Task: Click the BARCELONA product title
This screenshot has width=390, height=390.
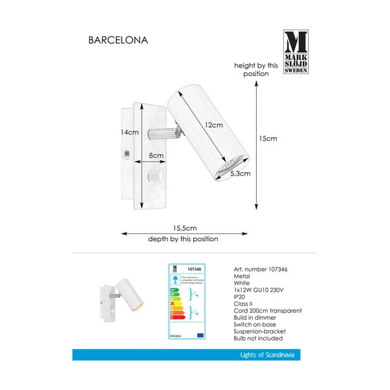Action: [118, 40]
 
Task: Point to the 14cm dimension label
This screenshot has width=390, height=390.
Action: [130, 132]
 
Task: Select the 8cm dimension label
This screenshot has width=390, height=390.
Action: [155, 155]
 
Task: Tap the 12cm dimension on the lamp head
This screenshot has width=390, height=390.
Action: [214, 125]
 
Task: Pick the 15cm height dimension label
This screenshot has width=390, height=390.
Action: [268, 138]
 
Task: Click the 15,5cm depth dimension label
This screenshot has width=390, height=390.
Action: [185, 228]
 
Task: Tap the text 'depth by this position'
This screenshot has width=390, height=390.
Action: [183, 239]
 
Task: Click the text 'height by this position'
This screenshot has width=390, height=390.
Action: [256, 70]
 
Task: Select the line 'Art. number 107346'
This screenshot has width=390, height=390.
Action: [260, 270]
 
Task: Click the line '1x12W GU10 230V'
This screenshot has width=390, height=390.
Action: [257, 291]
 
